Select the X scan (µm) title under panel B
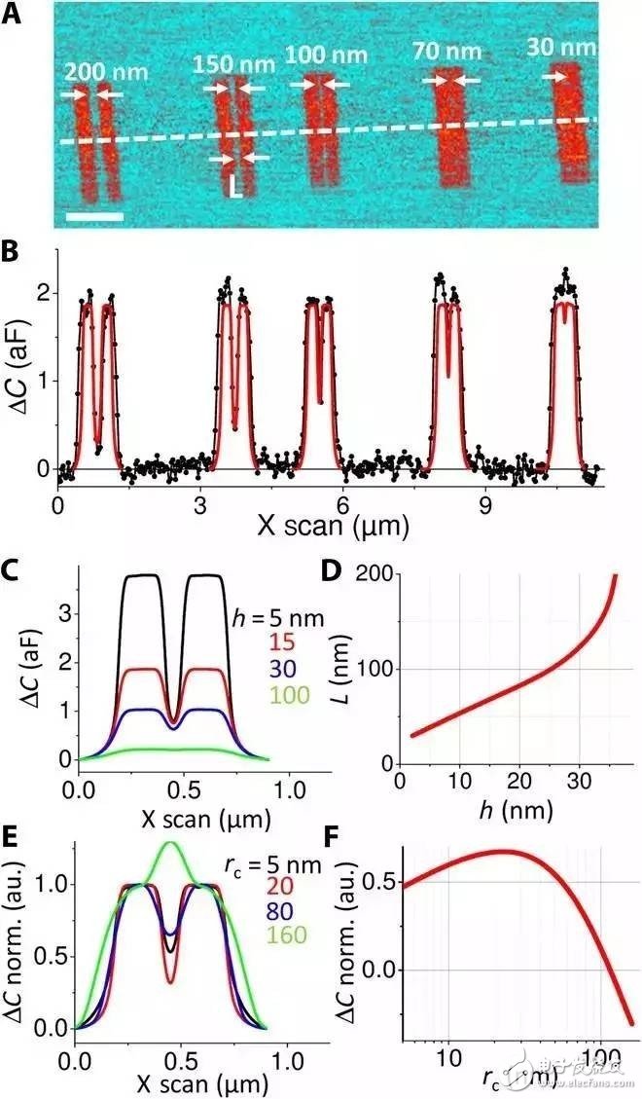(x=332, y=528)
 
